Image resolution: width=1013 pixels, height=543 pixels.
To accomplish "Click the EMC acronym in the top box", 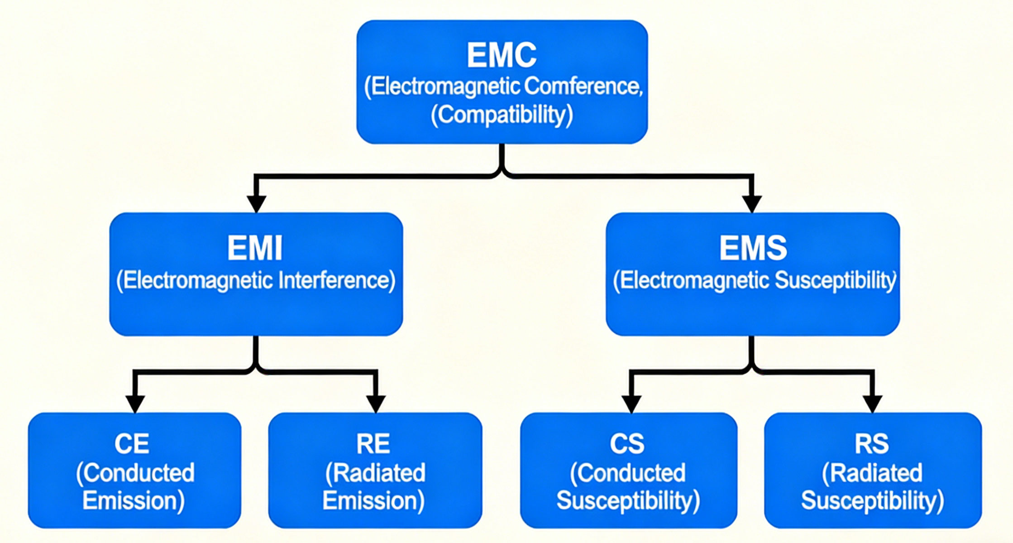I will [502, 55].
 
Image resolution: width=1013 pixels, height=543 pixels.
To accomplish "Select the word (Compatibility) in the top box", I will [502, 115].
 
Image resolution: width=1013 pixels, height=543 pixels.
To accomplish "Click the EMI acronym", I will [255, 248].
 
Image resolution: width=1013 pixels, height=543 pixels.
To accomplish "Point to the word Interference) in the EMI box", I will [337, 280].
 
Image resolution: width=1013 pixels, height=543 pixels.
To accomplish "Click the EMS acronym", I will [753, 248].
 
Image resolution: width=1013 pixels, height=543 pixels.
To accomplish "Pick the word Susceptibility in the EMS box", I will [835, 280].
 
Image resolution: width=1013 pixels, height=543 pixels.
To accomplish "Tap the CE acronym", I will [132, 444].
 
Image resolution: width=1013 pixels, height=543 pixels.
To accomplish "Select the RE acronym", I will [373, 444].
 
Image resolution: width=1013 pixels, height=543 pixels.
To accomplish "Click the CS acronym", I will [627, 444].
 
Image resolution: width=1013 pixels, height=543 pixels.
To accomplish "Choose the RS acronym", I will [871, 444].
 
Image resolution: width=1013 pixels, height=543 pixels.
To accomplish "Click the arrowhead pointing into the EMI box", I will [256, 203].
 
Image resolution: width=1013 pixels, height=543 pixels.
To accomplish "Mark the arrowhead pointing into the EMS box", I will [752, 203].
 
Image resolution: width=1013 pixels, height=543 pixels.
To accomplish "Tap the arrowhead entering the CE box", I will [135, 403].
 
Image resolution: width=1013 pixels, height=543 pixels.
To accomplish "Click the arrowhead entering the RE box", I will [376, 403].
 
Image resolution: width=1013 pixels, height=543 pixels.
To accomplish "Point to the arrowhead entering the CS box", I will [631, 403].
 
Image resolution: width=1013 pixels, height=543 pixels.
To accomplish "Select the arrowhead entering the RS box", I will [872, 403].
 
